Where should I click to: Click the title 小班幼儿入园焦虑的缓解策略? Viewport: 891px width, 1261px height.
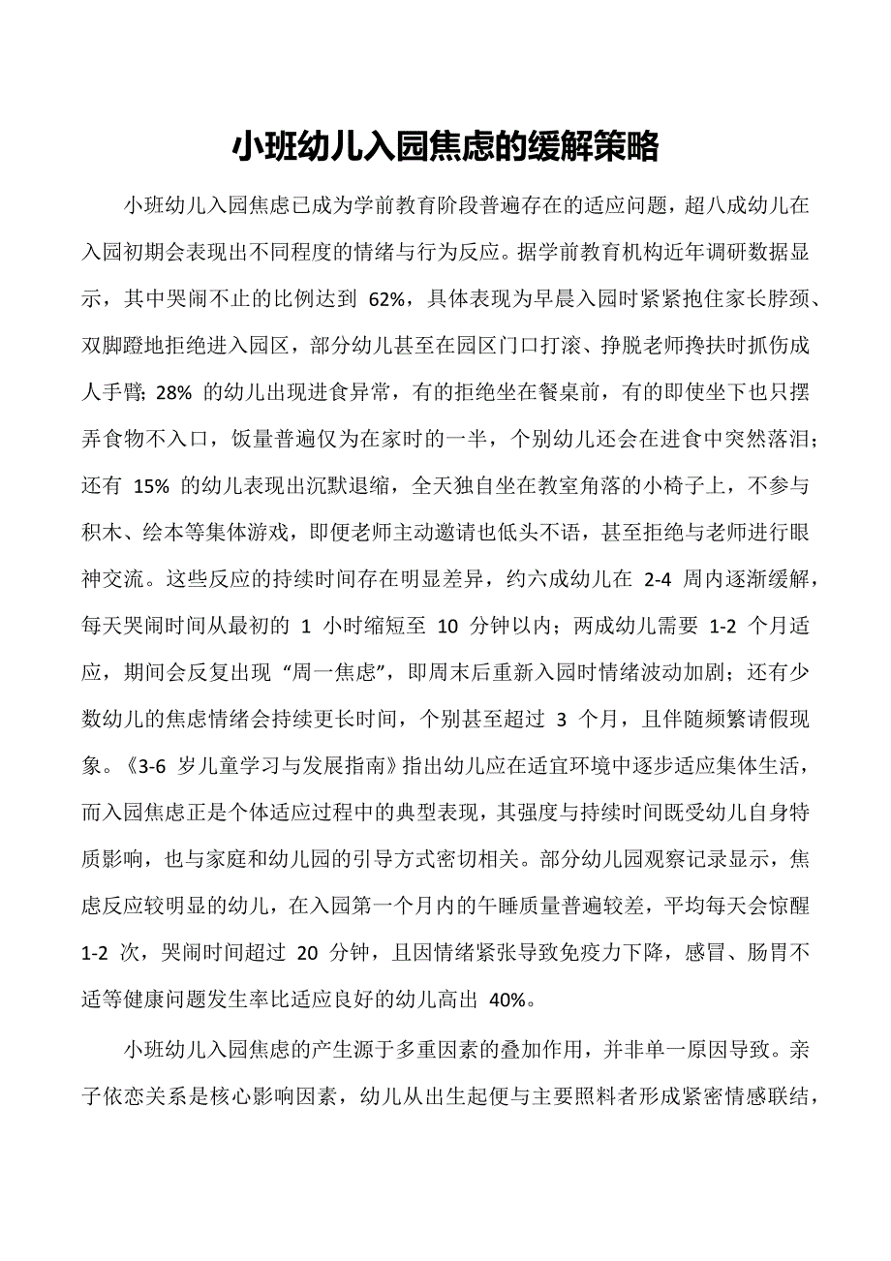(x=445, y=147)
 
